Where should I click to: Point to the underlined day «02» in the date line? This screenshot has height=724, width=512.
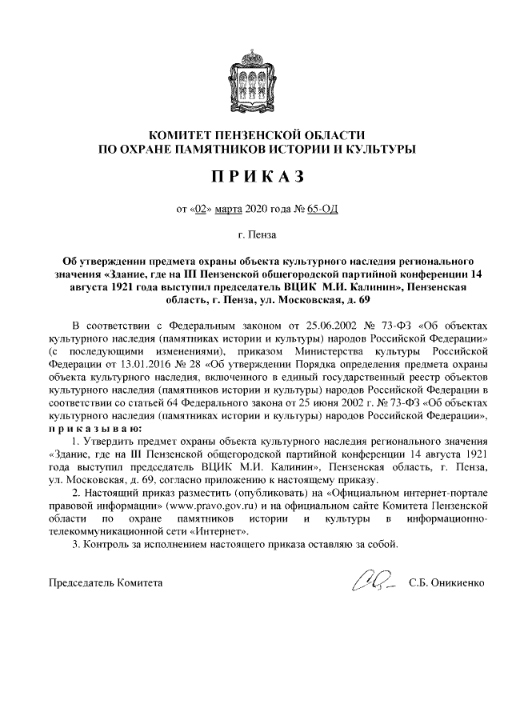click(x=201, y=210)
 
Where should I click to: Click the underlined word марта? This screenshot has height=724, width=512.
click(x=230, y=210)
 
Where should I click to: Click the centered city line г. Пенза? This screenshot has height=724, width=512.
click(x=256, y=235)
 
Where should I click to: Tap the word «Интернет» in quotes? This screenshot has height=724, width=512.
click(x=221, y=531)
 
